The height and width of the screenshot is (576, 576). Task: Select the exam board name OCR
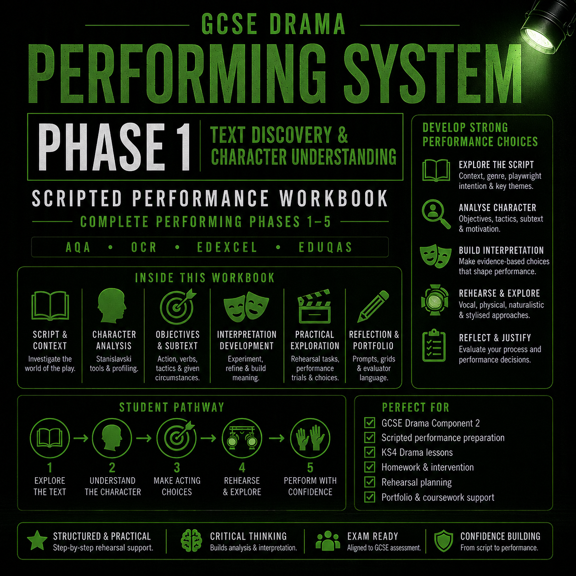(x=144, y=247)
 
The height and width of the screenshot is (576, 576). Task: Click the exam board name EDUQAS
(x=326, y=247)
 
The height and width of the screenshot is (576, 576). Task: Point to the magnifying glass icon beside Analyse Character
(x=436, y=214)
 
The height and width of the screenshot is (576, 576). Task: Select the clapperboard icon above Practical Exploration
(x=314, y=306)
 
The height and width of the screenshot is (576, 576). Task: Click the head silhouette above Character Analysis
(x=112, y=305)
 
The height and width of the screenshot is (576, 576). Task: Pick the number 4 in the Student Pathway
(x=242, y=468)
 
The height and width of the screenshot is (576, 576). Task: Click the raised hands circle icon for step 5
(x=310, y=438)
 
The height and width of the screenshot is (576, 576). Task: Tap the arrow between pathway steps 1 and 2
(x=81, y=438)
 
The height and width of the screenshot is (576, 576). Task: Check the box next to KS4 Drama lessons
(x=370, y=452)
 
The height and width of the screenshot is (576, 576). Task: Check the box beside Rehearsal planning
(x=370, y=482)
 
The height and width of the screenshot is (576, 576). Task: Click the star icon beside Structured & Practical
(x=37, y=541)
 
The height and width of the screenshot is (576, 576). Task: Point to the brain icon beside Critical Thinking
(x=191, y=541)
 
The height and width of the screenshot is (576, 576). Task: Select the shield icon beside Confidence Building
(x=444, y=541)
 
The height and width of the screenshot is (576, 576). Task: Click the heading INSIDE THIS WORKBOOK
(x=205, y=278)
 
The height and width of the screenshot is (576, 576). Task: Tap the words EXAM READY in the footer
(x=373, y=536)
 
